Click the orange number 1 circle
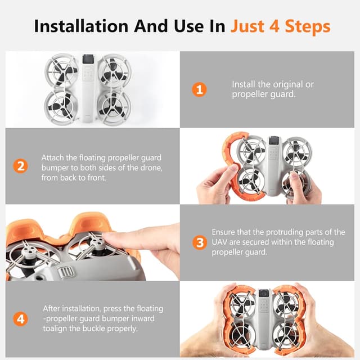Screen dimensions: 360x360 199,89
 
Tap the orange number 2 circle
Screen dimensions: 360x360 20,166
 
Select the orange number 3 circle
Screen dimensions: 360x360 200,242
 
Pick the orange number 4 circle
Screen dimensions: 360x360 20,319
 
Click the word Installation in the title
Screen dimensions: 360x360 81,26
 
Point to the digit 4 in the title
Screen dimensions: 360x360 274,26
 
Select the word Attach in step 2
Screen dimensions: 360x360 53,157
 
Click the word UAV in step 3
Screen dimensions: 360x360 219,242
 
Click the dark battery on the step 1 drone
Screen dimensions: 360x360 88,59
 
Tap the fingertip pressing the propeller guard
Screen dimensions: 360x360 108,237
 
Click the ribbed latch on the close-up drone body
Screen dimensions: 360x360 66,272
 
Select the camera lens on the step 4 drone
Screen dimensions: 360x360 264,294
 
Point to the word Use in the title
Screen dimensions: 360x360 189,26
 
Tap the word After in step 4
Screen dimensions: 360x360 52,308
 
